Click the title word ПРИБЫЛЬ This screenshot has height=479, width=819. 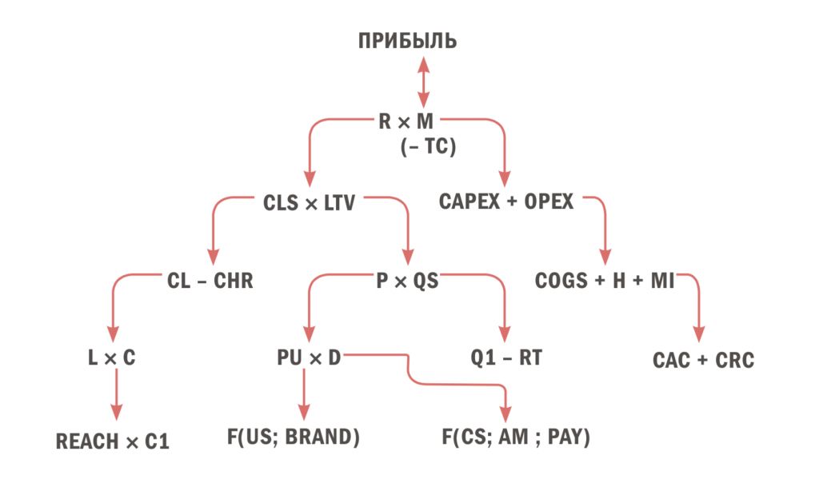[x=407, y=42]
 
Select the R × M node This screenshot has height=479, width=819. [x=406, y=122]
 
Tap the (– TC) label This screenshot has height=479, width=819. [x=429, y=146]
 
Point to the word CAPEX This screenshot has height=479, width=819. [x=469, y=202]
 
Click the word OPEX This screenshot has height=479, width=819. [x=549, y=202]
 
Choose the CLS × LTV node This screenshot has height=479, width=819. [x=309, y=203]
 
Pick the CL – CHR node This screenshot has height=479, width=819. [x=210, y=281]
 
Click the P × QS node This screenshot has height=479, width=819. [x=407, y=281]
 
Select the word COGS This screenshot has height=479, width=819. [x=561, y=281]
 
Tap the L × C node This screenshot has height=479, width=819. [x=112, y=357]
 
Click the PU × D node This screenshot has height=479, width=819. [x=309, y=357]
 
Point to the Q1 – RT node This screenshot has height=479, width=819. [x=506, y=357]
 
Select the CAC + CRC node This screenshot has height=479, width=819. [x=703, y=361]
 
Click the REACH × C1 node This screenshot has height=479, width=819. [x=112, y=442]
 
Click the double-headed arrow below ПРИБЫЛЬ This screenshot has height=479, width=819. [x=424, y=82]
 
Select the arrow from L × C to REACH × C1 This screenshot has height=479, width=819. [x=117, y=394]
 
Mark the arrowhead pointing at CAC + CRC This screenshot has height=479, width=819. [x=699, y=334]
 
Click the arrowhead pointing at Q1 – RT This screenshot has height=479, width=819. [x=504, y=334]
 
